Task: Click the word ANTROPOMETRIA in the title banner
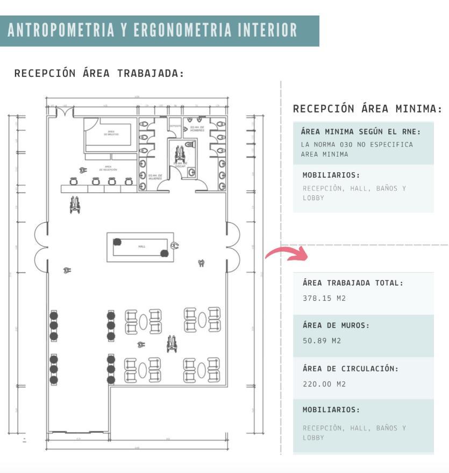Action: point(61,31)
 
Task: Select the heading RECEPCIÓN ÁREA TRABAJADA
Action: point(99,74)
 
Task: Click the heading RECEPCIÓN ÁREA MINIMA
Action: point(367,109)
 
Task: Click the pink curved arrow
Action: point(286,253)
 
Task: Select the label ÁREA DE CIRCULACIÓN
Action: point(351,369)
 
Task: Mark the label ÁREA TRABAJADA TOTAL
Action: point(353,283)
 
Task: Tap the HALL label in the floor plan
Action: point(142,246)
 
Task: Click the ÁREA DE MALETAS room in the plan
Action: point(111,133)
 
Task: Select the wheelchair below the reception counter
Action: point(75,204)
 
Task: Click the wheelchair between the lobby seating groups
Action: point(172,344)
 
